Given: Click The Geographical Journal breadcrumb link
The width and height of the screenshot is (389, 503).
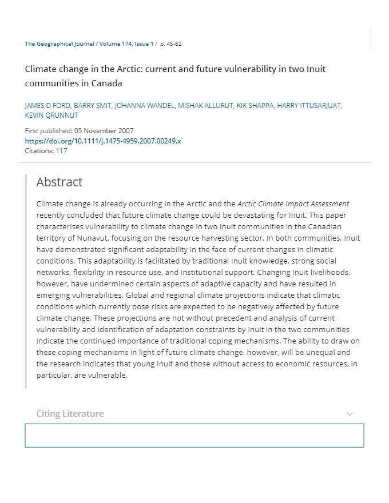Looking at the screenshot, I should coord(59,44).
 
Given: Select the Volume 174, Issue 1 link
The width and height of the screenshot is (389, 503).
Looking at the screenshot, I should coord(125,44).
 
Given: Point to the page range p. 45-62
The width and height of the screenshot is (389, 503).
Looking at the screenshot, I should coord(171,44).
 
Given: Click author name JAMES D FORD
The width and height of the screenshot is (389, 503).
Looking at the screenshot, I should coord(46,106).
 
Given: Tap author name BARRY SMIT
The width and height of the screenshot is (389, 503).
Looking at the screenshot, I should coord(92,106).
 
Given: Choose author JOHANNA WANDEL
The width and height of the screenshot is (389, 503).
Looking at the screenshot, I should coord(144,106).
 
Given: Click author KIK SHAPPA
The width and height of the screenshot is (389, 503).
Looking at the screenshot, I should coord(255,106).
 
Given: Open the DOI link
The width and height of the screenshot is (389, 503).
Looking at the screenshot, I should coord(103,141).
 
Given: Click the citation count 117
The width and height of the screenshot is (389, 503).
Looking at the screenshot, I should coord(61,151).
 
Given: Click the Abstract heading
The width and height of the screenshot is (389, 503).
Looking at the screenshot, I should coord(59,182).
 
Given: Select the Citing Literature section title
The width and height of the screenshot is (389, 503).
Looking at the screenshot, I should coord(70,413).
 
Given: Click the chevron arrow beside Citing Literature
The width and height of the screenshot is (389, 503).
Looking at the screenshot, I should coord(350,414).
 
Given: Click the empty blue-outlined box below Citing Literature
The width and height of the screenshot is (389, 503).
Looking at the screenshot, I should coord(194,436).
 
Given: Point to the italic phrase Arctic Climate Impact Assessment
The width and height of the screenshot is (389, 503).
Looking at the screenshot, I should coord(293,203).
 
